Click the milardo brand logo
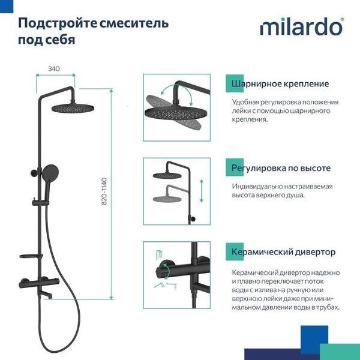click(302, 27)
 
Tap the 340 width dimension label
click(55, 68)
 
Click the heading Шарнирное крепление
click(280, 83)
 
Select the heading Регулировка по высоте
click(281, 168)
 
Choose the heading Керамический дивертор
click(283, 251)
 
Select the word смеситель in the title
click(134, 23)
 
